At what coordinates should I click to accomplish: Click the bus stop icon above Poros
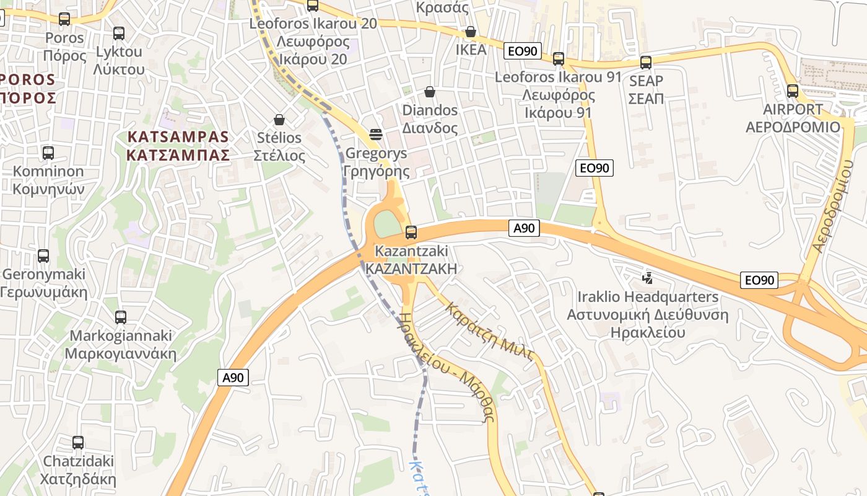click(64, 19)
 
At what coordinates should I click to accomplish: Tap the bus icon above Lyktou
click(119, 33)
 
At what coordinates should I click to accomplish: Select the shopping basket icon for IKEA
click(471, 32)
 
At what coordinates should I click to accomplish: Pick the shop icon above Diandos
click(430, 92)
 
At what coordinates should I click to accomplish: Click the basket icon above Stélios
click(279, 120)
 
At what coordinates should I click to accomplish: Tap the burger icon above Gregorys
click(375, 135)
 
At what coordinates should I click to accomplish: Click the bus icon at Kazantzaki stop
click(411, 233)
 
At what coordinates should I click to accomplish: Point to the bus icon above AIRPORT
click(793, 91)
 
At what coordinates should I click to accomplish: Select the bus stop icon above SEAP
click(646, 63)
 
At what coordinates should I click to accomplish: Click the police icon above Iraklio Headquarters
click(648, 278)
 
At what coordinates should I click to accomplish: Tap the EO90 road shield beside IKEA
click(523, 51)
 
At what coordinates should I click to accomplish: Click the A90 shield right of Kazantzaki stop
click(524, 228)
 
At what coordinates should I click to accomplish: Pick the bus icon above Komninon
click(48, 153)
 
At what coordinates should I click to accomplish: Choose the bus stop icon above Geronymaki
click(43, 255)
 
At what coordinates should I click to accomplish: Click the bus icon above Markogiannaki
click(121, 317)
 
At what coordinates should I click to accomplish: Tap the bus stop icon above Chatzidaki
click(78, 443)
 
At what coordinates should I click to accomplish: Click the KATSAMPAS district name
click(178, 146)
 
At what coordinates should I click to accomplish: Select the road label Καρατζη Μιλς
click(490, 332)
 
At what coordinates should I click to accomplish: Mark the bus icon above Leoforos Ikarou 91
click(559, 59)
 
